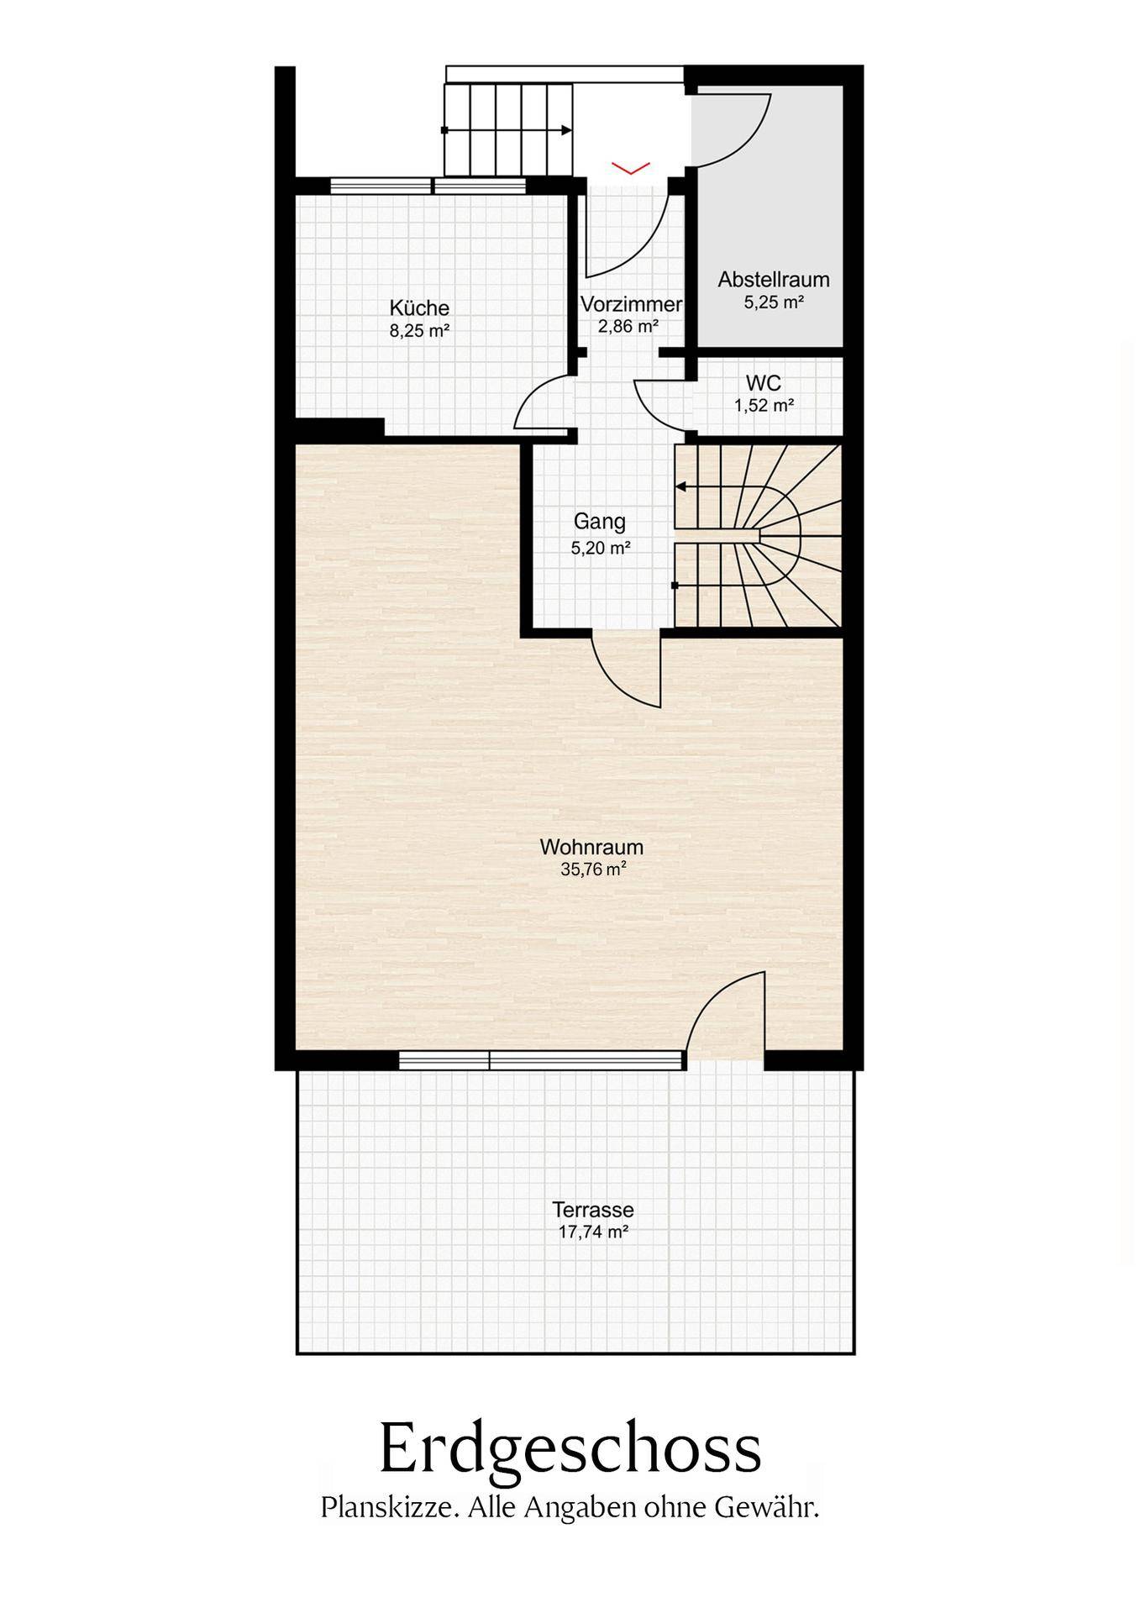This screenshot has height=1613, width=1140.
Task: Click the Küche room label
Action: [x=419, y=308]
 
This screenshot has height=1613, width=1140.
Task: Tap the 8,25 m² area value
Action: [x=419, y=331]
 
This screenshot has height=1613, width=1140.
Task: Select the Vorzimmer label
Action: [x=631, y=304]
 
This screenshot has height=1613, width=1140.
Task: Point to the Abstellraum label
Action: [x=774, y=280]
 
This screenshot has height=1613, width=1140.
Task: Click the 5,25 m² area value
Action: [x=774, y=302]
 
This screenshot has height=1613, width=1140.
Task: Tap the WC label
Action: [x=764, y=383]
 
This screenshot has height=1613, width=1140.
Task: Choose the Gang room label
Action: [x=600, y=522]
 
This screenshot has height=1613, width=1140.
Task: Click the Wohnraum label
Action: [x=591, y=846]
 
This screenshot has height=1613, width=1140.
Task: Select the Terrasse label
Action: [x=593, y=1211]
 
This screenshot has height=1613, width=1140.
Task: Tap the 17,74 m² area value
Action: [x=593, y=1232]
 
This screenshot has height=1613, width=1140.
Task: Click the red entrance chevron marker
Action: [x=631, y=169]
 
